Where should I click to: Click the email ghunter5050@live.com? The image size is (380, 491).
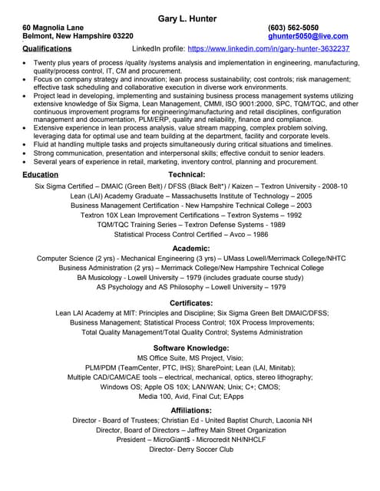pyautogui.click(x=309, y=36)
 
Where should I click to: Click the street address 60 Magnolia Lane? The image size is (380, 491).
pyautogui.click(x=53, y=27)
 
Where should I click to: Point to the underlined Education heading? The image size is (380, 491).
pyautogui.click(x=40, y=175)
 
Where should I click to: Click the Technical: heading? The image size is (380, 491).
pyautogui.click(x=187, y=175)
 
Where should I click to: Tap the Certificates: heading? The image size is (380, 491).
pyautogui.click(x=191, y=303)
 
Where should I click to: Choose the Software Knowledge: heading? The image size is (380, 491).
pyautogui.click(x=191, y=348)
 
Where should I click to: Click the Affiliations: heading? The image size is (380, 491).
pyautogui.click(x=191, y=411)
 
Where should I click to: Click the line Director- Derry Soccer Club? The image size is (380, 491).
pyautogui.click(x=191, y=450)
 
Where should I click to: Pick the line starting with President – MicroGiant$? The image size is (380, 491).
pyautogui.click(x=191, y=440)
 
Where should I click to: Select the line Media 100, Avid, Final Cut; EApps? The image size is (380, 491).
pyautogui.click(x=191, y=396)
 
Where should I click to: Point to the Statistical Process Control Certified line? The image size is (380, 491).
pyautogui.click(x=191, y=234)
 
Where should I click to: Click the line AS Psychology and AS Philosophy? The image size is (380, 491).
pyautogui.click(x=191, y=288)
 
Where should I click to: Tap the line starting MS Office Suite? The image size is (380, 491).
pyautogui.click(x=191, y=358)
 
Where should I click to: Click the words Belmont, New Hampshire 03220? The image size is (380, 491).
pyautogui.click(x=78, y=36)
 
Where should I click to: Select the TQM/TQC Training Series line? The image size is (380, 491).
pyautogui.click(x=191, y=225)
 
